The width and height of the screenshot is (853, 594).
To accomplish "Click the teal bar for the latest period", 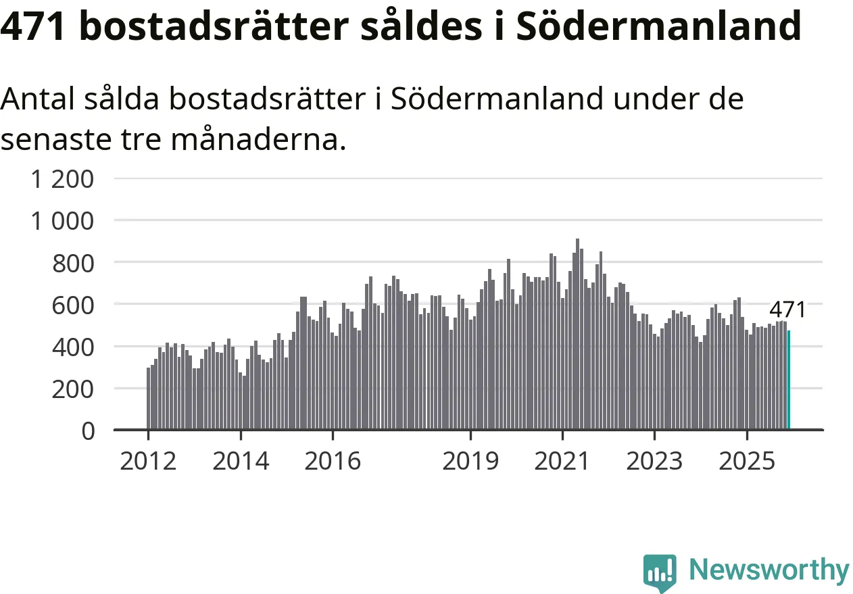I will tap(789, 380).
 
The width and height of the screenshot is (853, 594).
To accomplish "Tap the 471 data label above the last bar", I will tap(787, 310).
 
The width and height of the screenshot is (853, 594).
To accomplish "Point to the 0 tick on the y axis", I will tap(88, 430).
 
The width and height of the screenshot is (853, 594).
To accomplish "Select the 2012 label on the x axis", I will tap(148, 462).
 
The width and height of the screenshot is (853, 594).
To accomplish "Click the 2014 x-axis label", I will tap(241, 462).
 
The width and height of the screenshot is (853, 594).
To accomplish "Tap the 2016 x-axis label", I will tap(333, 462).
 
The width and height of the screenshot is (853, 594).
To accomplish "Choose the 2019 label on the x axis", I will tap(470, 462).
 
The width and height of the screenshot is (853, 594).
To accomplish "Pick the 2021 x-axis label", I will tap(562, 462).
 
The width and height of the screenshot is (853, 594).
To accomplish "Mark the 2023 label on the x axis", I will tap(654, 462).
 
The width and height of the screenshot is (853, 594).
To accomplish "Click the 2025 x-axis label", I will tap(746, 462).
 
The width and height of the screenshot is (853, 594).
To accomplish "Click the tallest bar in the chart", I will tap(577, 335).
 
